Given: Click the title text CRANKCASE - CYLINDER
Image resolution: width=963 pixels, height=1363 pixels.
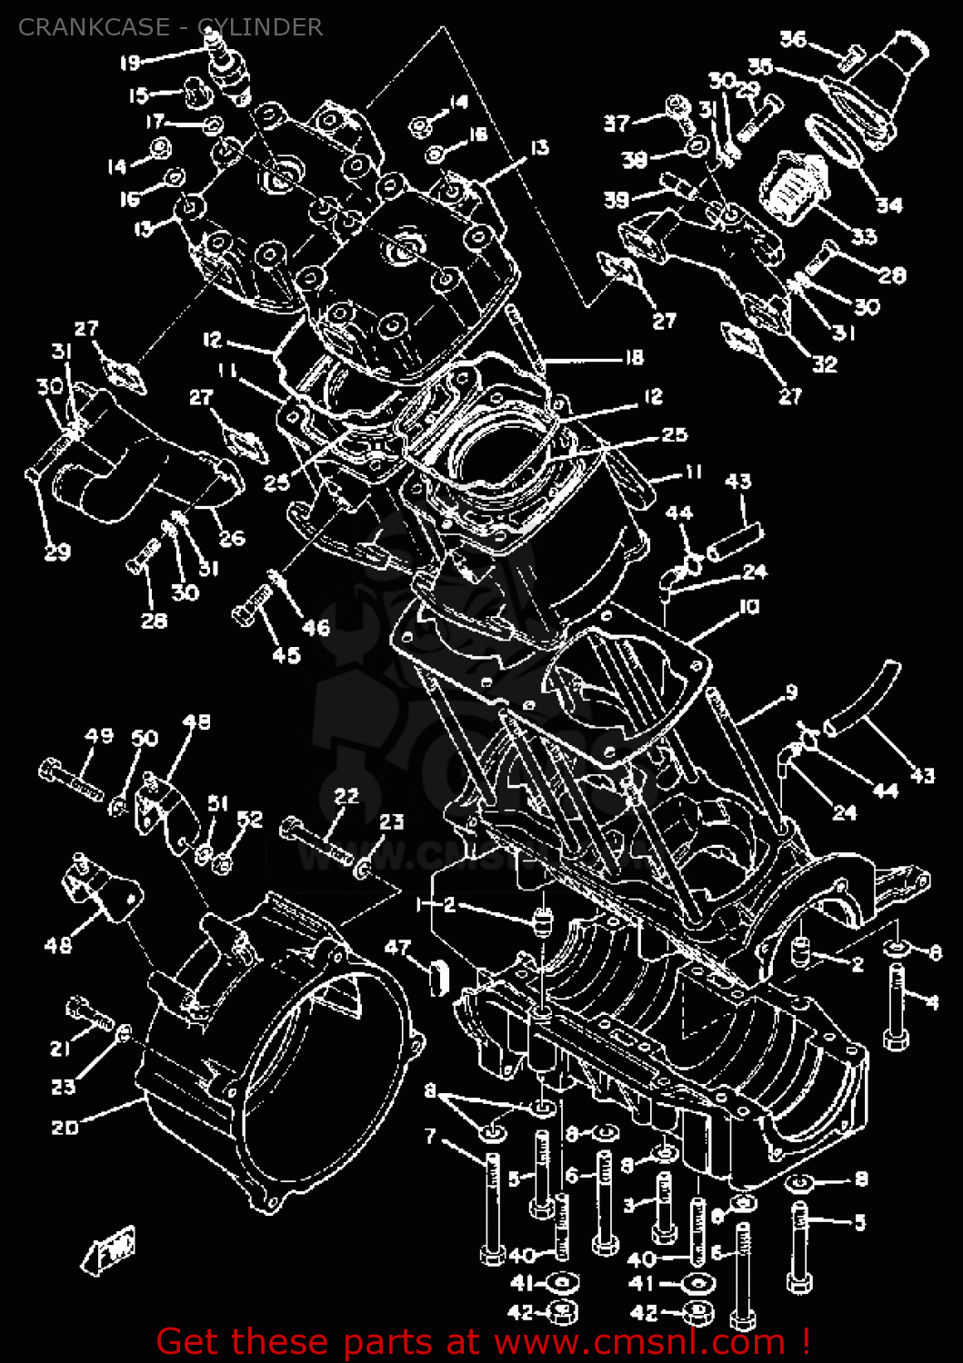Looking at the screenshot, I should pyautogui.click(x=170, y=27).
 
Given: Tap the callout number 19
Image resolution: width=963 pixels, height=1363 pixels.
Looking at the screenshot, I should pyautogui.click(x=130, y=63).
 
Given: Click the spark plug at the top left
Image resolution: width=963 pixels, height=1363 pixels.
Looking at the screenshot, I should pyautogui.click(x=223, y=64).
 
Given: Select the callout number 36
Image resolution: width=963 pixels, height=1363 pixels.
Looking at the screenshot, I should pyautogui.click(x=793, y=39).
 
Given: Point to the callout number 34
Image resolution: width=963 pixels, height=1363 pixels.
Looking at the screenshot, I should pyautogui.click(x=888, y=204).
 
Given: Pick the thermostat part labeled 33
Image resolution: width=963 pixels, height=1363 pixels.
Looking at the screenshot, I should pyautogui.click(x=793, y=189).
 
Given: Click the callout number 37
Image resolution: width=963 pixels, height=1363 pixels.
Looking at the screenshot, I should pyautogui.click(x=617, y=123).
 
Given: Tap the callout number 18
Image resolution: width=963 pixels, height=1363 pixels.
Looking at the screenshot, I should pyautogui.click(x=633, y=357).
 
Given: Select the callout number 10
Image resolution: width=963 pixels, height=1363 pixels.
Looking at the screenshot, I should pyautogui.click(x=748, y=606).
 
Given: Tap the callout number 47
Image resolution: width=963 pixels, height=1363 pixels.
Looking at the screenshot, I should pyautogui.click(x=397, y=947).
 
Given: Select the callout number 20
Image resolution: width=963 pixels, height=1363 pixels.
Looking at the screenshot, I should pyautogui.click(x=65, y=1127).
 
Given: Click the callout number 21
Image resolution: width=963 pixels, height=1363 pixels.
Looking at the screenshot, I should pyautogui.click(x=60, y=1048).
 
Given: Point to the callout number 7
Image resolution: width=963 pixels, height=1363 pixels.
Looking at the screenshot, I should pyautogui.click(x=430, y=1136).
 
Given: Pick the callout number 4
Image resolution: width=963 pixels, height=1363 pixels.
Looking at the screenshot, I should pyautogui.click(x=932, y=1002).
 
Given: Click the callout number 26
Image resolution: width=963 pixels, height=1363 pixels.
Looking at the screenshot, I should pyautogui.click(x=232, y=538).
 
